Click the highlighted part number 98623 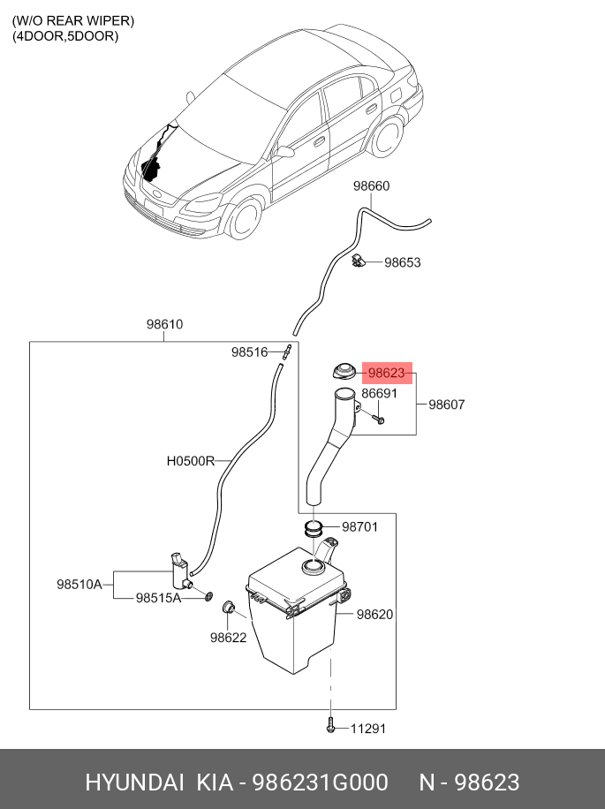point(386,374)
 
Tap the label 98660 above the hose point(371,186)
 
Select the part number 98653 point(402,262)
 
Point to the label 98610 point(164,324)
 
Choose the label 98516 point(249,352)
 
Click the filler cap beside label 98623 point(342,373)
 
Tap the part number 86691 point(379,394)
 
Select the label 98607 point(446,404)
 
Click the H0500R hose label point(191,460)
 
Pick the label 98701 point(359,527)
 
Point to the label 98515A point(158,598)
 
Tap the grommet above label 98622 point(227,606)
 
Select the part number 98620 point(374,615)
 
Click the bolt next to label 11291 point(330,727)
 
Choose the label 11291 point(368,729)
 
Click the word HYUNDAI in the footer point(134,783)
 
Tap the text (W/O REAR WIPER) point(73,20)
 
